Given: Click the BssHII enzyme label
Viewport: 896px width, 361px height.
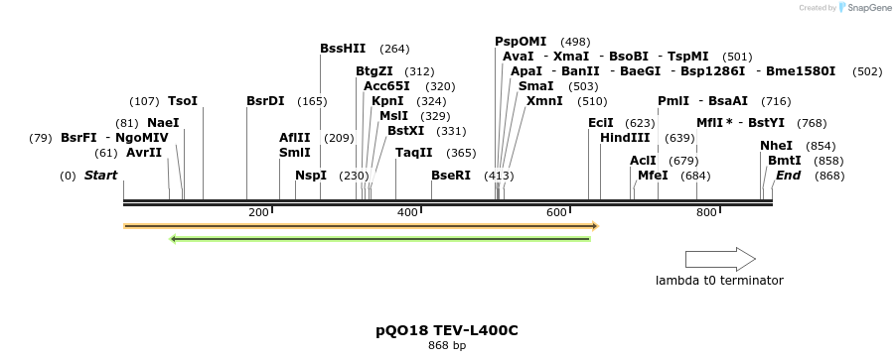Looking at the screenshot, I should click(x=343, y=48).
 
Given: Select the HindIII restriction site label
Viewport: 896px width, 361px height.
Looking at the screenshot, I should click(x=625, y=138).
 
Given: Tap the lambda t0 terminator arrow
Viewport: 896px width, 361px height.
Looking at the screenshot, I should click(x=720, y=259).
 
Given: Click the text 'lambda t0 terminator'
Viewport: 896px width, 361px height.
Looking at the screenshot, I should click(x=719, y=281).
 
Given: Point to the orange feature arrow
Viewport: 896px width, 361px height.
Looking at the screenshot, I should click(x=361, y=226).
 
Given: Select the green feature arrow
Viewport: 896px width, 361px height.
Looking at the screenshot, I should click(x=381, y=239).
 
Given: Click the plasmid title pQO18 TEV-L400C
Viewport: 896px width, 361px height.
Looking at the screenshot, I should click(x=447, y=329).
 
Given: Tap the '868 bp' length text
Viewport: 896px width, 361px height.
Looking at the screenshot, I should click(x=447, y=346).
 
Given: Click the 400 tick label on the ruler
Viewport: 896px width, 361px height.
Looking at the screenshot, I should click(x=407, y=213).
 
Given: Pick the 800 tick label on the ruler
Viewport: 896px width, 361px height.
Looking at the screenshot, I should click(x=706, y=213).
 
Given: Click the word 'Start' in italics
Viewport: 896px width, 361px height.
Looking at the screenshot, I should click(x=101, y=176).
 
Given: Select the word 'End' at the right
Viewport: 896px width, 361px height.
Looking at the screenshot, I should click(x=789, y=176).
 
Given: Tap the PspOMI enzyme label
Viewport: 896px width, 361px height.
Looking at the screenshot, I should click(x=521, y=41).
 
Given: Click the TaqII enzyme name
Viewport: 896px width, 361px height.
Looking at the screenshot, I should click(x=414, y=153).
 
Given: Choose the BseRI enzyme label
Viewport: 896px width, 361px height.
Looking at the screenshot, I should click(x=451, y=176).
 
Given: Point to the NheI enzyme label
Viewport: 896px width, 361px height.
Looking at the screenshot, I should click(x=776, y=145).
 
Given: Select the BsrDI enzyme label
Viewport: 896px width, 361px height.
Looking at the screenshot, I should click(x=265, y=101).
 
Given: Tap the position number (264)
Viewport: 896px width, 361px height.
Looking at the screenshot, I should click(x=394, y=49).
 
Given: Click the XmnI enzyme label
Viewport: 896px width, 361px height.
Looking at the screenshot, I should click(x=544, y=101).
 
